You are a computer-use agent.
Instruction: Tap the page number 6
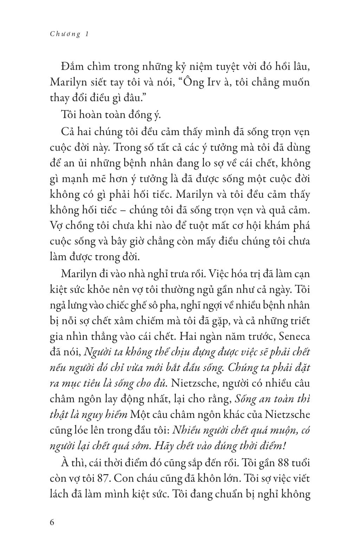(52, 522)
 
